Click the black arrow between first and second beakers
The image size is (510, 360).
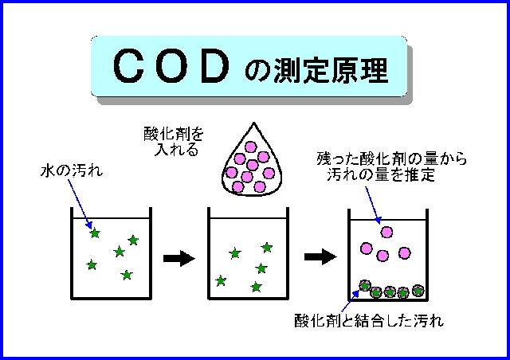pyautogui.click(x=178, y=257)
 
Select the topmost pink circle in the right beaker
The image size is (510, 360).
pyautogui.click(x=386, y=232)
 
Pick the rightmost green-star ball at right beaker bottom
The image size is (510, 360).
pyautogui.click(x=417, y=290)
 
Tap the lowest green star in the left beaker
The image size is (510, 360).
pyautogui.click(x=126, y=275)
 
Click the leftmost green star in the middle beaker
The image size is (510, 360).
pyautogui.click(x=220, y=280)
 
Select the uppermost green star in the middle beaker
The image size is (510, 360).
pyautogui.click(x=266, y=248)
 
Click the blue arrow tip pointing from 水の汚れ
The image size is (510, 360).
pyautogui.click(x=92, y=228)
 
